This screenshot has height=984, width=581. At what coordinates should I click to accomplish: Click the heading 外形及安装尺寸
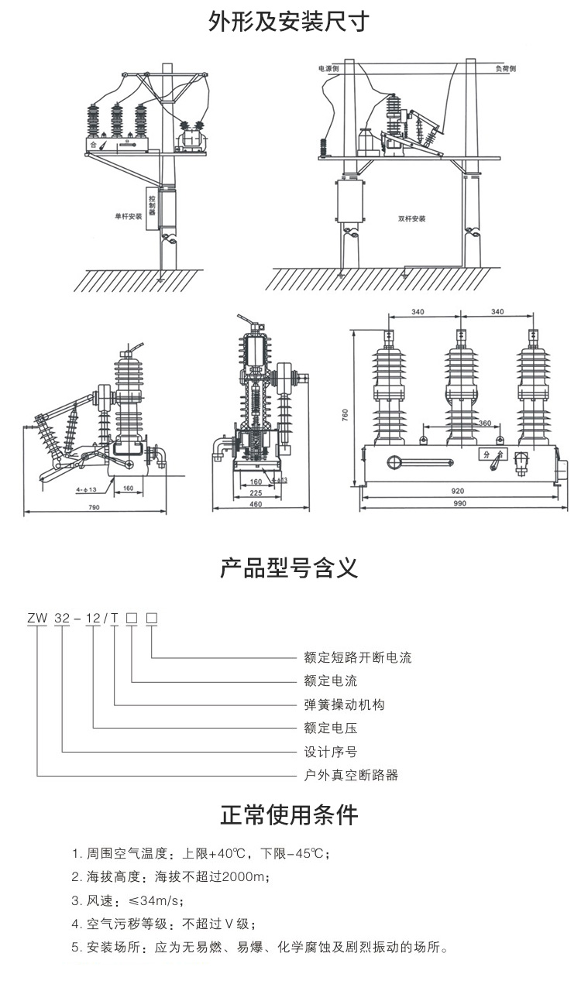pos(290,22)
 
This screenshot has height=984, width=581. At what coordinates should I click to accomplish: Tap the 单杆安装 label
pos(128,217)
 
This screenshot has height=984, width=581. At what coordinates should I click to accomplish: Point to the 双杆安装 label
pos(412,218)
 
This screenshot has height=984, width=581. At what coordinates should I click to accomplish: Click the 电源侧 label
pos(328,69)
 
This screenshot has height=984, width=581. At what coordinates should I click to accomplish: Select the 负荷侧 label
pos(506,69)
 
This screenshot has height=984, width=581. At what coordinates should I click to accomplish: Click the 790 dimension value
pos(94,508)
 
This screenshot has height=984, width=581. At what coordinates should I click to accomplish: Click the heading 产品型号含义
pos(290,571)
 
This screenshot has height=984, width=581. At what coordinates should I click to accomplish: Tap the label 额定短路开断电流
pos(358,658)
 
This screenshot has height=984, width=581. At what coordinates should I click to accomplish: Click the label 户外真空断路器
pos(351,774)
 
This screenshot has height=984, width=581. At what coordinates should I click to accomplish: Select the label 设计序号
pos(331,751)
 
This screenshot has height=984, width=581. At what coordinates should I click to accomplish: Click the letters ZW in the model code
pos(37,619)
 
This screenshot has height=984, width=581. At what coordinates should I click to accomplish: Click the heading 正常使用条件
pos(290,814)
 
